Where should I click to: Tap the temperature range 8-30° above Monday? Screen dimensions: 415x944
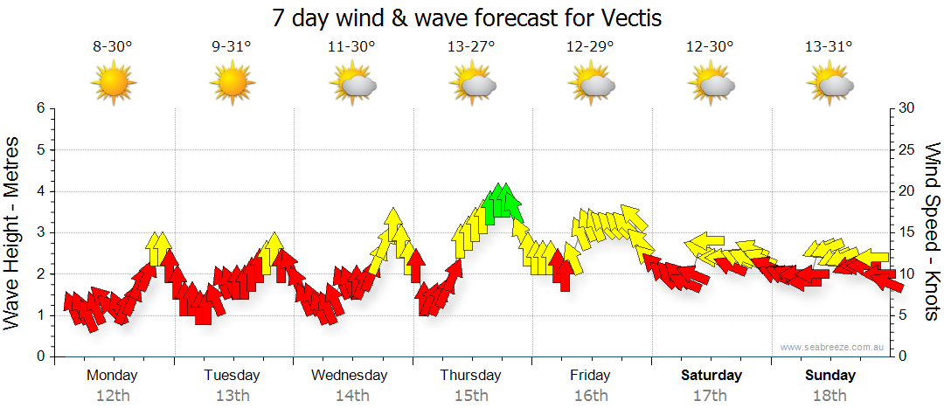[112, 46]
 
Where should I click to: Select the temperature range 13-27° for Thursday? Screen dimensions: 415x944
[471, 46]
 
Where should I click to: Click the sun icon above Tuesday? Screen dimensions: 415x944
[232, 85]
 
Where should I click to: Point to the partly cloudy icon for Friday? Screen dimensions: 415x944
[591, 85]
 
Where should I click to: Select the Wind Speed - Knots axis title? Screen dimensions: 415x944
[932, 232]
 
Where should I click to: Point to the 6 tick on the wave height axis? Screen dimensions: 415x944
[39, 108]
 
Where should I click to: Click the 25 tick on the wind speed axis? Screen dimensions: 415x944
[906, 149]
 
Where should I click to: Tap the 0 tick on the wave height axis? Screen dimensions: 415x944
[39, 356]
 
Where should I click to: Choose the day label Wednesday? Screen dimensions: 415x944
[350, 376]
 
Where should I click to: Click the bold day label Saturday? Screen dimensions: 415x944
[711, 376]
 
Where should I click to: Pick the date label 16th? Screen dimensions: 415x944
[591, 396]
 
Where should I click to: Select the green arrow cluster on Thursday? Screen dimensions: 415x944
[502, 201]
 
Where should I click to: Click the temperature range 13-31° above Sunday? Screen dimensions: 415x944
[830, 46]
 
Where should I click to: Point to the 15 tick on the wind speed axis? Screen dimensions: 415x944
[906, 232]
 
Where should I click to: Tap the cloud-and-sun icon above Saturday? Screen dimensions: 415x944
[711, 85]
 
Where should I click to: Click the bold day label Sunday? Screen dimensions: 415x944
[830, 376]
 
